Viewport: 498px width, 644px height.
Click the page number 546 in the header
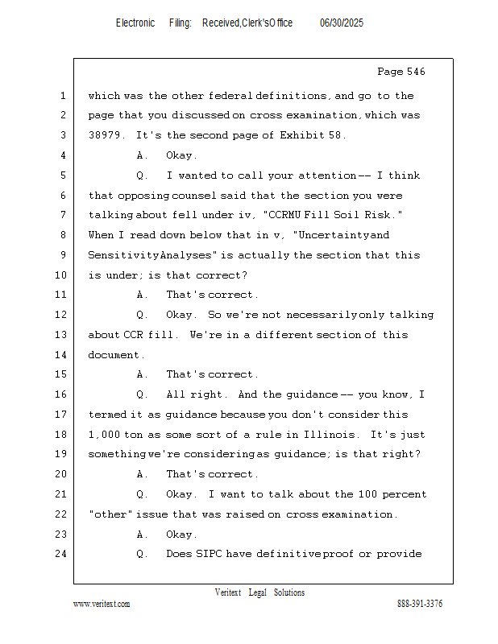[414, 72]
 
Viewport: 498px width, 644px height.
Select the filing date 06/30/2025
[342, 23]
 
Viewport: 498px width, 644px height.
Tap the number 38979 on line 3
[106, 135]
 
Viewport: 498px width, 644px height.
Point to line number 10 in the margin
[63, 275]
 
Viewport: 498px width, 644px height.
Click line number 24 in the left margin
[63, 554]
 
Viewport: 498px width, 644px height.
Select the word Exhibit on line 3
[302, 135]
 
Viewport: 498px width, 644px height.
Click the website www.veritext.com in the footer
[102, 605]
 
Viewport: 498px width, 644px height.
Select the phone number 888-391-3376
[420, 605]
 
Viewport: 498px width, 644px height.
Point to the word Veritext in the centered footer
[228, 592]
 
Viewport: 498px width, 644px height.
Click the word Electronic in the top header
[135, 23]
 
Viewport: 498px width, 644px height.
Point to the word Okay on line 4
[181, 155]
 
